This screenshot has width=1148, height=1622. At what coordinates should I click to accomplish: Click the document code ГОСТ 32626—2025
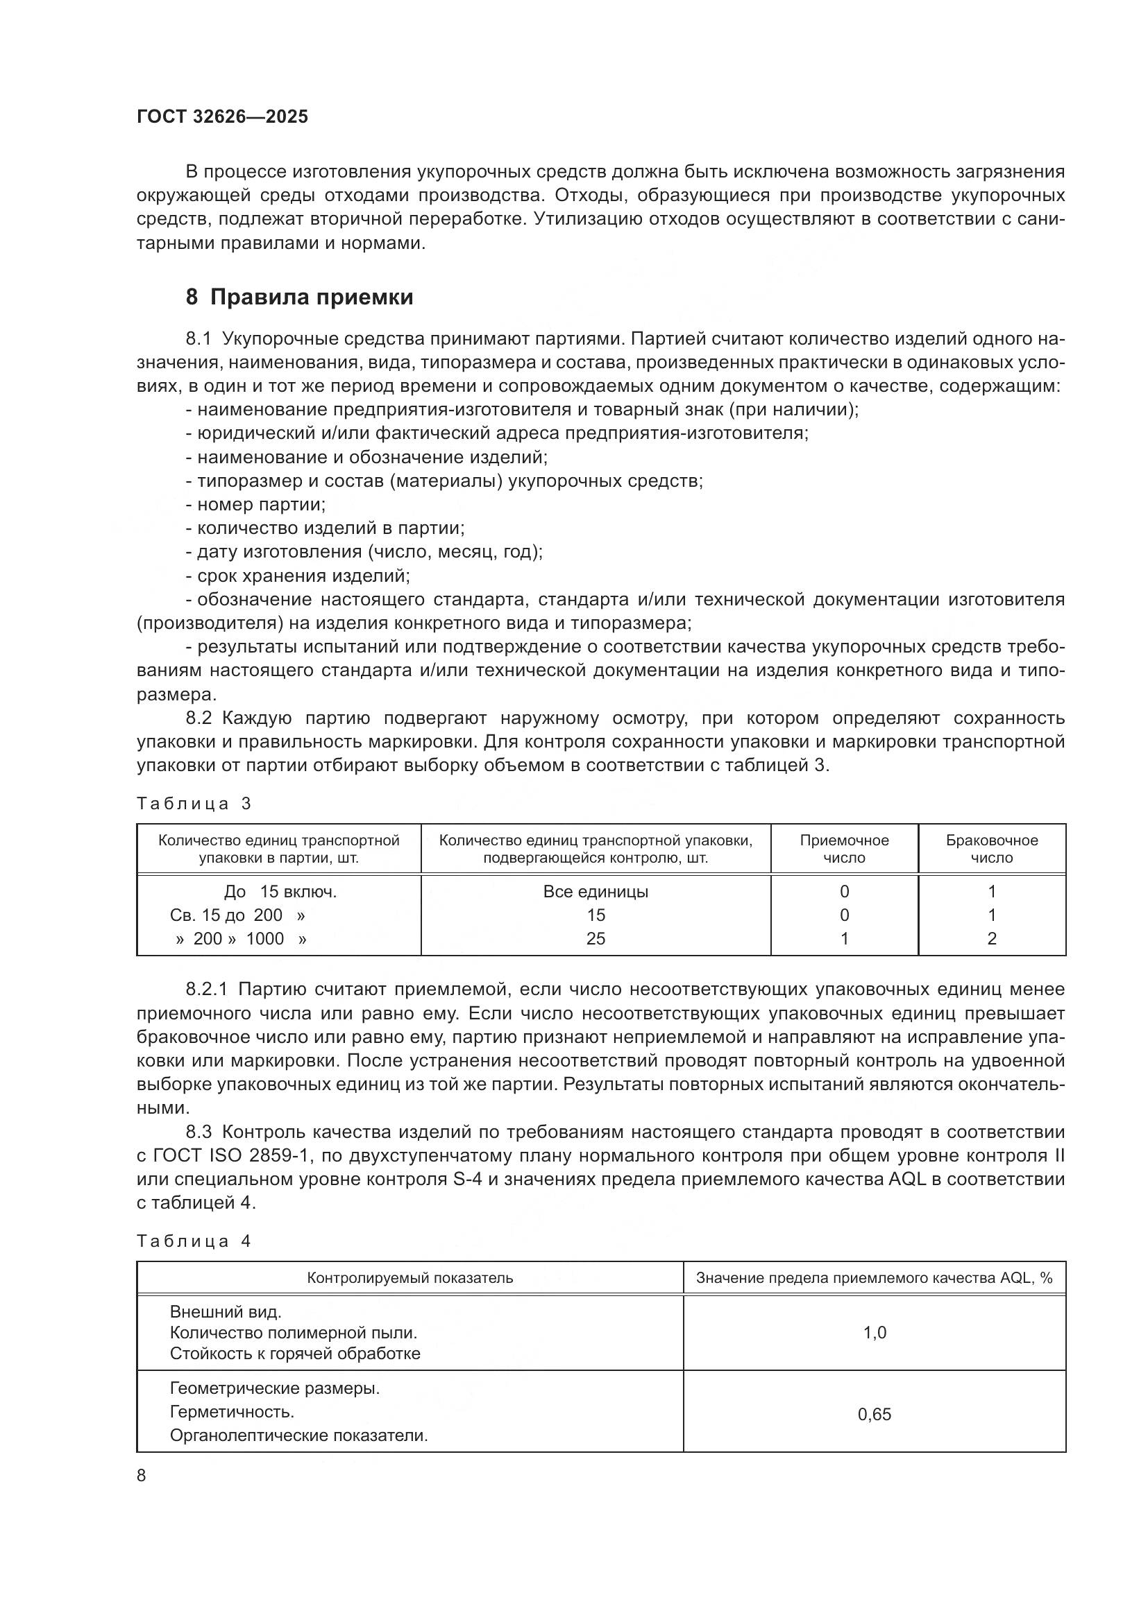coord(222,117)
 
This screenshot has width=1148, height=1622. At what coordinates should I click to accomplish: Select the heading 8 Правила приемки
coord(299,297)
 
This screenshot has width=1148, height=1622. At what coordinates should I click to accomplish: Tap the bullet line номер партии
coord(256,504)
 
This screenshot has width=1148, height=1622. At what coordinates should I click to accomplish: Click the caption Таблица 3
coord(194,804)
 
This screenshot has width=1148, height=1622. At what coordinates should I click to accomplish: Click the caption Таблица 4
coord(194,1241)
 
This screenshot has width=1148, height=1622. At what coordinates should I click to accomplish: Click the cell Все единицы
coord(596,892)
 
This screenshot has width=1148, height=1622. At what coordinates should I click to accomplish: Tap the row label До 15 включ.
coord(280,892)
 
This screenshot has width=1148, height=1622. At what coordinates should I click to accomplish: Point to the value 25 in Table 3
coord(596,939)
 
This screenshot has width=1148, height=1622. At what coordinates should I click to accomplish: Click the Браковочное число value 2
coord(991,939)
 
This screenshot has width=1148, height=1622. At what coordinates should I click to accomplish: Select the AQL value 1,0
coord(875,1332)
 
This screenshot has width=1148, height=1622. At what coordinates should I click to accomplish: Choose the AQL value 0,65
coord(875,1414)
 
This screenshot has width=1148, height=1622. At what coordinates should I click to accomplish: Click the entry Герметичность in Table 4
coord(232,1412)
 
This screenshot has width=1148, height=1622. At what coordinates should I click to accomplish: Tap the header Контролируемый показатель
coord(410,1278)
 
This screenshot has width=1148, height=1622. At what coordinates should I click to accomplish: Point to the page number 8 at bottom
coord(142,1476)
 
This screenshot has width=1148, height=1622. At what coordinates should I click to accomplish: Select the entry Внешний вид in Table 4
coord(226,1312)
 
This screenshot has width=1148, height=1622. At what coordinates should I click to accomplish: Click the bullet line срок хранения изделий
coord(298,576)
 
